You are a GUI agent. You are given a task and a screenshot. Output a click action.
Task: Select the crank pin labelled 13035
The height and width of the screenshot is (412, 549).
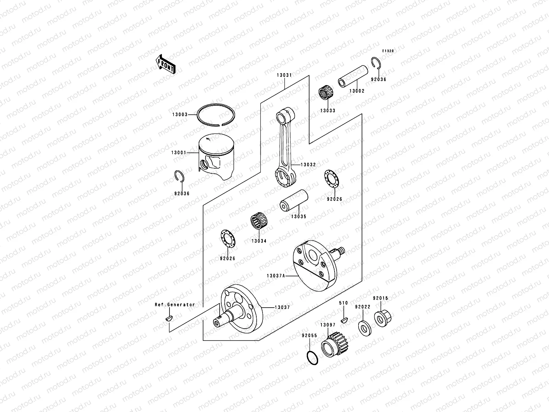coord(293,201)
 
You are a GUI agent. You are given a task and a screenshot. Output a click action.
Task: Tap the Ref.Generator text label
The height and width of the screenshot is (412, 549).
coord(175,305)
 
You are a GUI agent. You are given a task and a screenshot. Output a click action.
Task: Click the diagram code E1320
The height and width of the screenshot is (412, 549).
coord(388,51)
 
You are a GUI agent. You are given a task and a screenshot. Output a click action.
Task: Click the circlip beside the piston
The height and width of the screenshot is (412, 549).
coord(178,177)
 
